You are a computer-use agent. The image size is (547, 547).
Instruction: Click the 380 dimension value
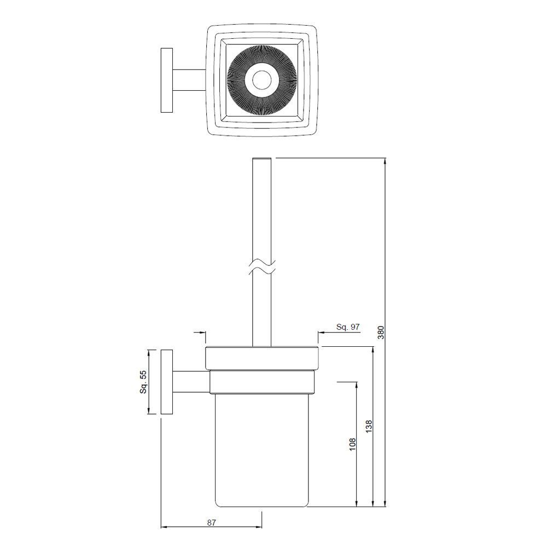click(381, 332)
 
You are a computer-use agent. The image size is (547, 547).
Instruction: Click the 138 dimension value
click(368, 427)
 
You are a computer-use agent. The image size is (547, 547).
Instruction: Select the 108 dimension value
click(352, 444)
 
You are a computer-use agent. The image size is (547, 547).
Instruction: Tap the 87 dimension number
click(212, 522)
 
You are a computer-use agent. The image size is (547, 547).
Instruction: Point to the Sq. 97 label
click(348, 327)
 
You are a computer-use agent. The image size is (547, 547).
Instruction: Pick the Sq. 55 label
click(143, 382)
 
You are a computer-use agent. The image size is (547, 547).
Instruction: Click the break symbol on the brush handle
click(261, 268)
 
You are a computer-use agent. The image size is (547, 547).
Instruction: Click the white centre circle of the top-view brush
click(260, 80)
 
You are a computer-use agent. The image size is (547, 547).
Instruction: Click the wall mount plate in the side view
click(167, 382)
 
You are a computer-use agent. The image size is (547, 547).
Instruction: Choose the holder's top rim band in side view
click(261, 358)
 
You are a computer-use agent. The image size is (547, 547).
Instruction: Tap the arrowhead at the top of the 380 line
click(386, 162)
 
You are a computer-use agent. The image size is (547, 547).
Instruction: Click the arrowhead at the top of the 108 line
click(357, 385)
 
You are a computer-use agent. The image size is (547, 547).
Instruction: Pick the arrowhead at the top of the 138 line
click(373, 351)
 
